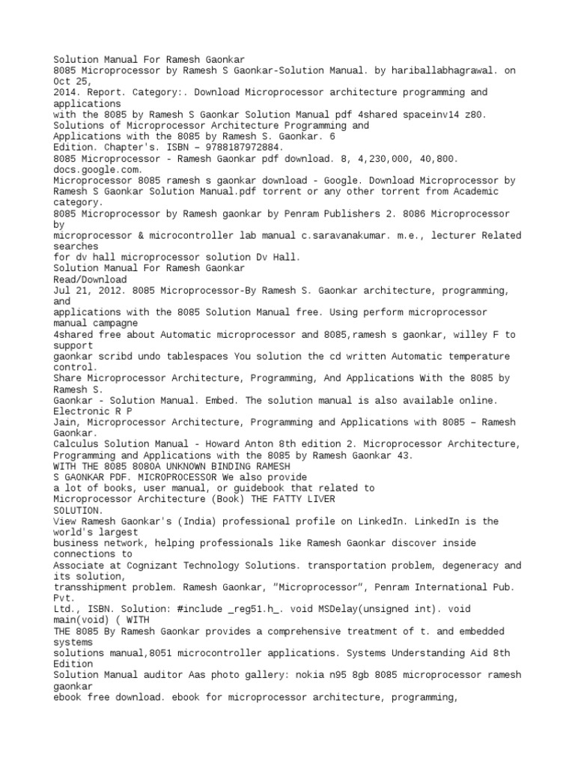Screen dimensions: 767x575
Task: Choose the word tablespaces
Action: click(x=204, y=356)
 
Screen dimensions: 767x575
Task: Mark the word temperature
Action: click(x=461, y=356)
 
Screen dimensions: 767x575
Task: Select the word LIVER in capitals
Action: click(x=318, y=498)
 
